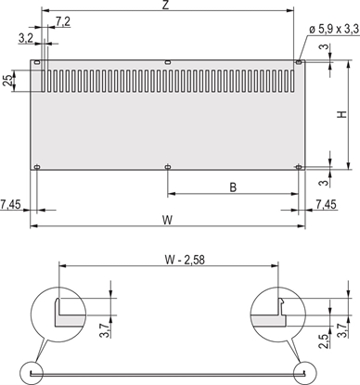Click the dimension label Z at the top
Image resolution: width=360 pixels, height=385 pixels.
(164, 6)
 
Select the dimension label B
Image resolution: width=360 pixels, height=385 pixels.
(232, 186)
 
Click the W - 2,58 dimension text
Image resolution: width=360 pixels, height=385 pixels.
(168, 259)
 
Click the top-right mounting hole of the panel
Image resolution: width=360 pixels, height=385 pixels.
(298, 62)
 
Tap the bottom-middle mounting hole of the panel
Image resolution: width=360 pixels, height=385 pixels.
(167, 167)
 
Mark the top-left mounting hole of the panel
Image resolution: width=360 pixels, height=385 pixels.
(37, 63)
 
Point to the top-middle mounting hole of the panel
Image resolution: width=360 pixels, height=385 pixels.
(167, 63)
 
